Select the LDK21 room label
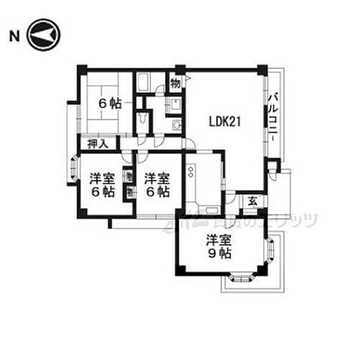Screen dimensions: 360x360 point(224,122)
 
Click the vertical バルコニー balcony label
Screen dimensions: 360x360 point(274,119)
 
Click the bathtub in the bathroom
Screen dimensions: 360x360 point(143,84)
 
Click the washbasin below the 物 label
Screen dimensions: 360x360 point(176,103)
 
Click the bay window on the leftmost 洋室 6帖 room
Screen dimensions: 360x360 point(74,170)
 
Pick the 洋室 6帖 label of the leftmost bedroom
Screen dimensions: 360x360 point(102,185)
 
